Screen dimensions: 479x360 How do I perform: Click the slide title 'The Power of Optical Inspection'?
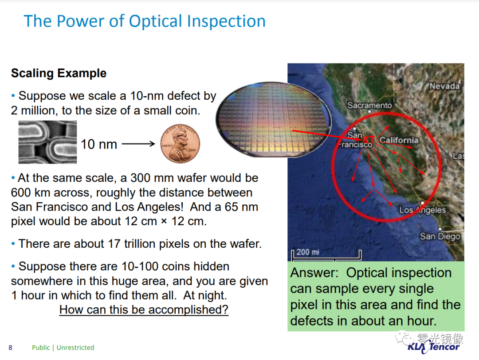tap(145, 21)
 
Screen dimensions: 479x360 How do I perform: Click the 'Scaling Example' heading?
tap(59, 73)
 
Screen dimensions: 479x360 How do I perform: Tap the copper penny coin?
tap(180, 144)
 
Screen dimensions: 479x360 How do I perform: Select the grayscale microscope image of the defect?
tap(47, 142)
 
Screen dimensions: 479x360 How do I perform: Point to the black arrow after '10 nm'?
tap(138, 144)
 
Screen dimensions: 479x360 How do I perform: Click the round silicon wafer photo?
tap(273, 119)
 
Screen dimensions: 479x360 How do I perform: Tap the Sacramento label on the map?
tap(369, 106)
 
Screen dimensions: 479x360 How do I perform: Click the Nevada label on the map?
tap(444, 86)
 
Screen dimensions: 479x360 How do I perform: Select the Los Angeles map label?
tap(423, 210)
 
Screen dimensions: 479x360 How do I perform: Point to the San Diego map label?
tap(440, 236)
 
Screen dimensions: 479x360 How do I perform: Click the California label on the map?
tap(399, 140)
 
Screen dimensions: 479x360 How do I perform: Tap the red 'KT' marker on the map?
tap(368, 140)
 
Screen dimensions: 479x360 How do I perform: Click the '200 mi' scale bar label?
tap(308, 252)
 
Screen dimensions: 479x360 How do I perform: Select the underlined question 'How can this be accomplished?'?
tap(144, 309)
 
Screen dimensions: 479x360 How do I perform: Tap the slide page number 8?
tap(10, 348)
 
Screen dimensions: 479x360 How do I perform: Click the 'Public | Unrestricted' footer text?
tap(63, 348)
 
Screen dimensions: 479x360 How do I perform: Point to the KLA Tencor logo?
tap(433, 347)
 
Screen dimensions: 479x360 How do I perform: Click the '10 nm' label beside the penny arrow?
tap(98, 144)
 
